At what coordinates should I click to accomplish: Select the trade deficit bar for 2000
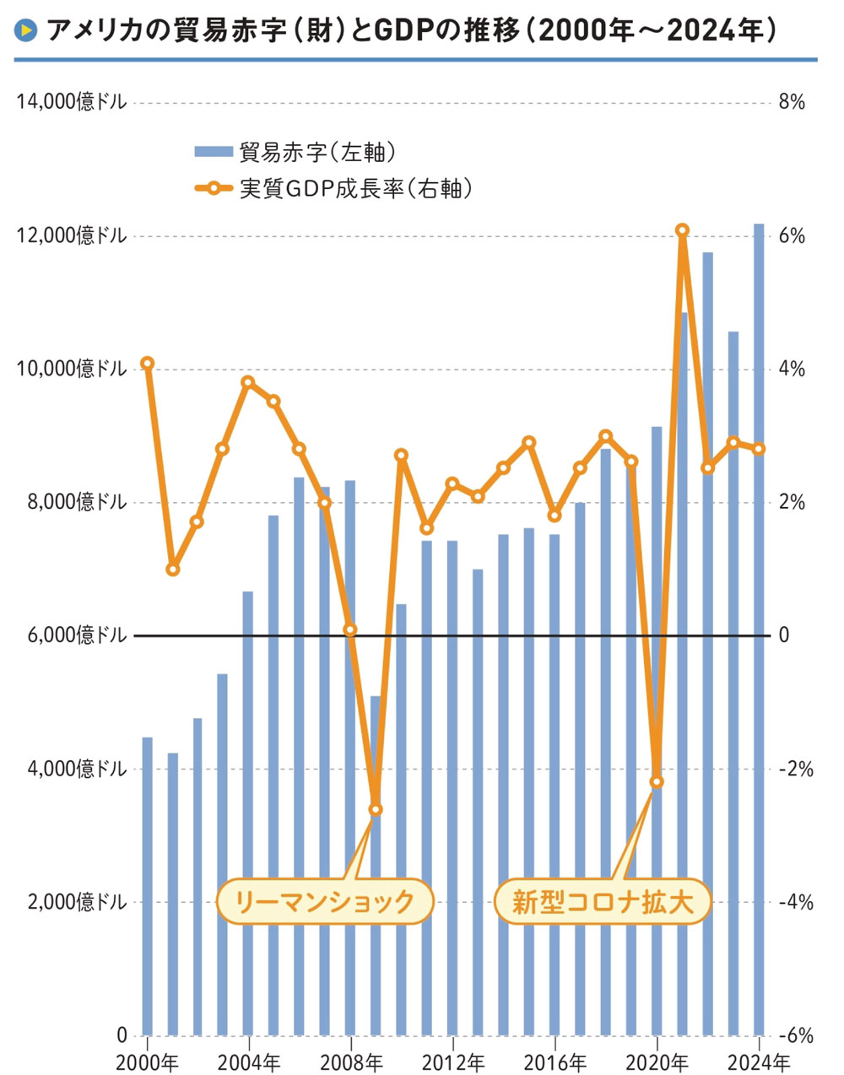click(x=147, y=886)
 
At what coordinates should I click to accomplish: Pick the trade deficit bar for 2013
click(x=478, y=802)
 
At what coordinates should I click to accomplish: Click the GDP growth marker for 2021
click(x=682, y=230)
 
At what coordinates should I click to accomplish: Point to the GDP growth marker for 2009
click(x=376, y=809)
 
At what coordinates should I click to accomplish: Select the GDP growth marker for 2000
click(x=147, y=363)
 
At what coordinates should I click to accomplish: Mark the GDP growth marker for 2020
click(x=657, y=781)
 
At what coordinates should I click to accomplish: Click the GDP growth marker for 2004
click(x=248, y=382)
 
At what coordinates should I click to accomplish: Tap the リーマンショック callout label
click(x=325, y=902)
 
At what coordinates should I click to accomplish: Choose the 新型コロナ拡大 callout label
click(x=602, y=902)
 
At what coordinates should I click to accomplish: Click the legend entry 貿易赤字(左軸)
click(x=317, y=152)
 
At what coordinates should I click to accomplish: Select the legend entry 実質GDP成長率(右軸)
click(x=354, y=188)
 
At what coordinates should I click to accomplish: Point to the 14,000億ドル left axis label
click(x=72, y=102)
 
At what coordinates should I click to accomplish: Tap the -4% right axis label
click(x=794, y=903)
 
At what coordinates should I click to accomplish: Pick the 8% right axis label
click(x=792, y=102)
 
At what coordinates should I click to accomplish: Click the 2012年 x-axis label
click(x=452, y=1061)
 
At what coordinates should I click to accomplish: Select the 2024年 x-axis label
click(x=759, y=1061)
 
